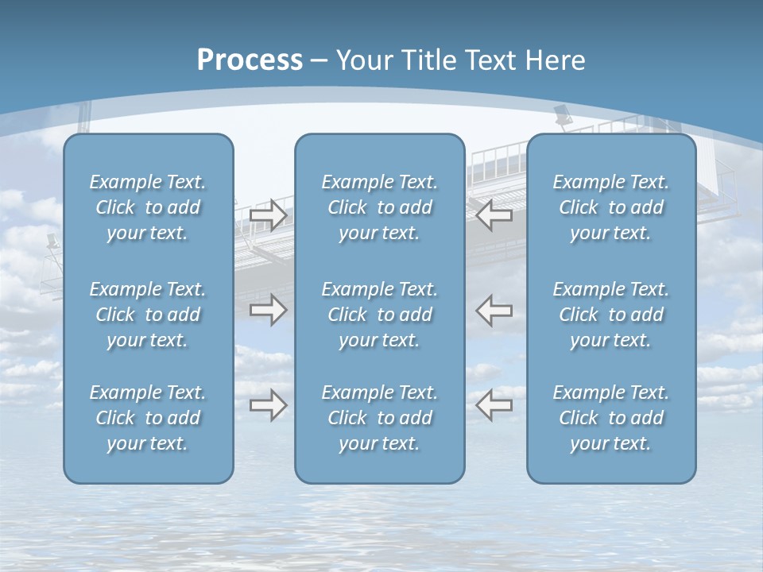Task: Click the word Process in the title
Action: (250, 60)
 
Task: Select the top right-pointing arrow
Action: (269, 214)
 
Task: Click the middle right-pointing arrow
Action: (269, 310)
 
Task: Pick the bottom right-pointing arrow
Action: (269, 405)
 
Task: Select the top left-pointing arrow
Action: (494, 214)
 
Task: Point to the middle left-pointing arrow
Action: (494, 310)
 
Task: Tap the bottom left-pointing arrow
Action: (494, 405)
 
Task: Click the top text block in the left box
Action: (148, 207)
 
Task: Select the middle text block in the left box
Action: (148, 315)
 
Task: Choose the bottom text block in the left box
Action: (148, 418)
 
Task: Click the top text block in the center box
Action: (379, 207)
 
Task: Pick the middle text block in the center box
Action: (379, 315)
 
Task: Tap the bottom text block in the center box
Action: (379, 418)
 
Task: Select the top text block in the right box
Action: (610, 207)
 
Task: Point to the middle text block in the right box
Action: (610, 315)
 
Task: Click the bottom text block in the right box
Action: (610, 418)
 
